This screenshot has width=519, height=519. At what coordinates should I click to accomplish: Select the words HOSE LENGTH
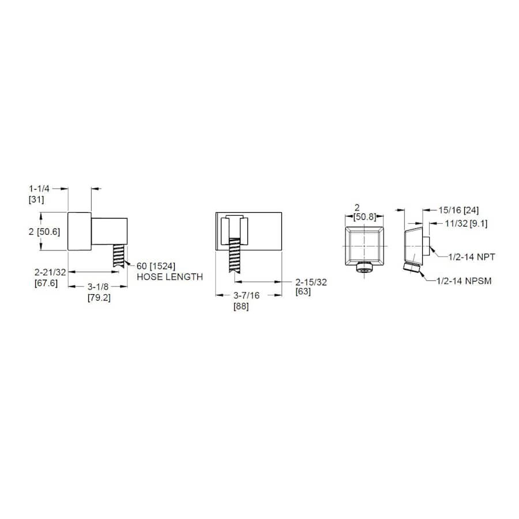170,277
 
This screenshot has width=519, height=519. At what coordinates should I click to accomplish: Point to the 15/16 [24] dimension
458,210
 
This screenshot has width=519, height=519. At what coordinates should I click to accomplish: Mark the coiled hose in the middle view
235,257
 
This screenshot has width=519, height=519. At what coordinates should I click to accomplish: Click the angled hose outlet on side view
412,268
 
